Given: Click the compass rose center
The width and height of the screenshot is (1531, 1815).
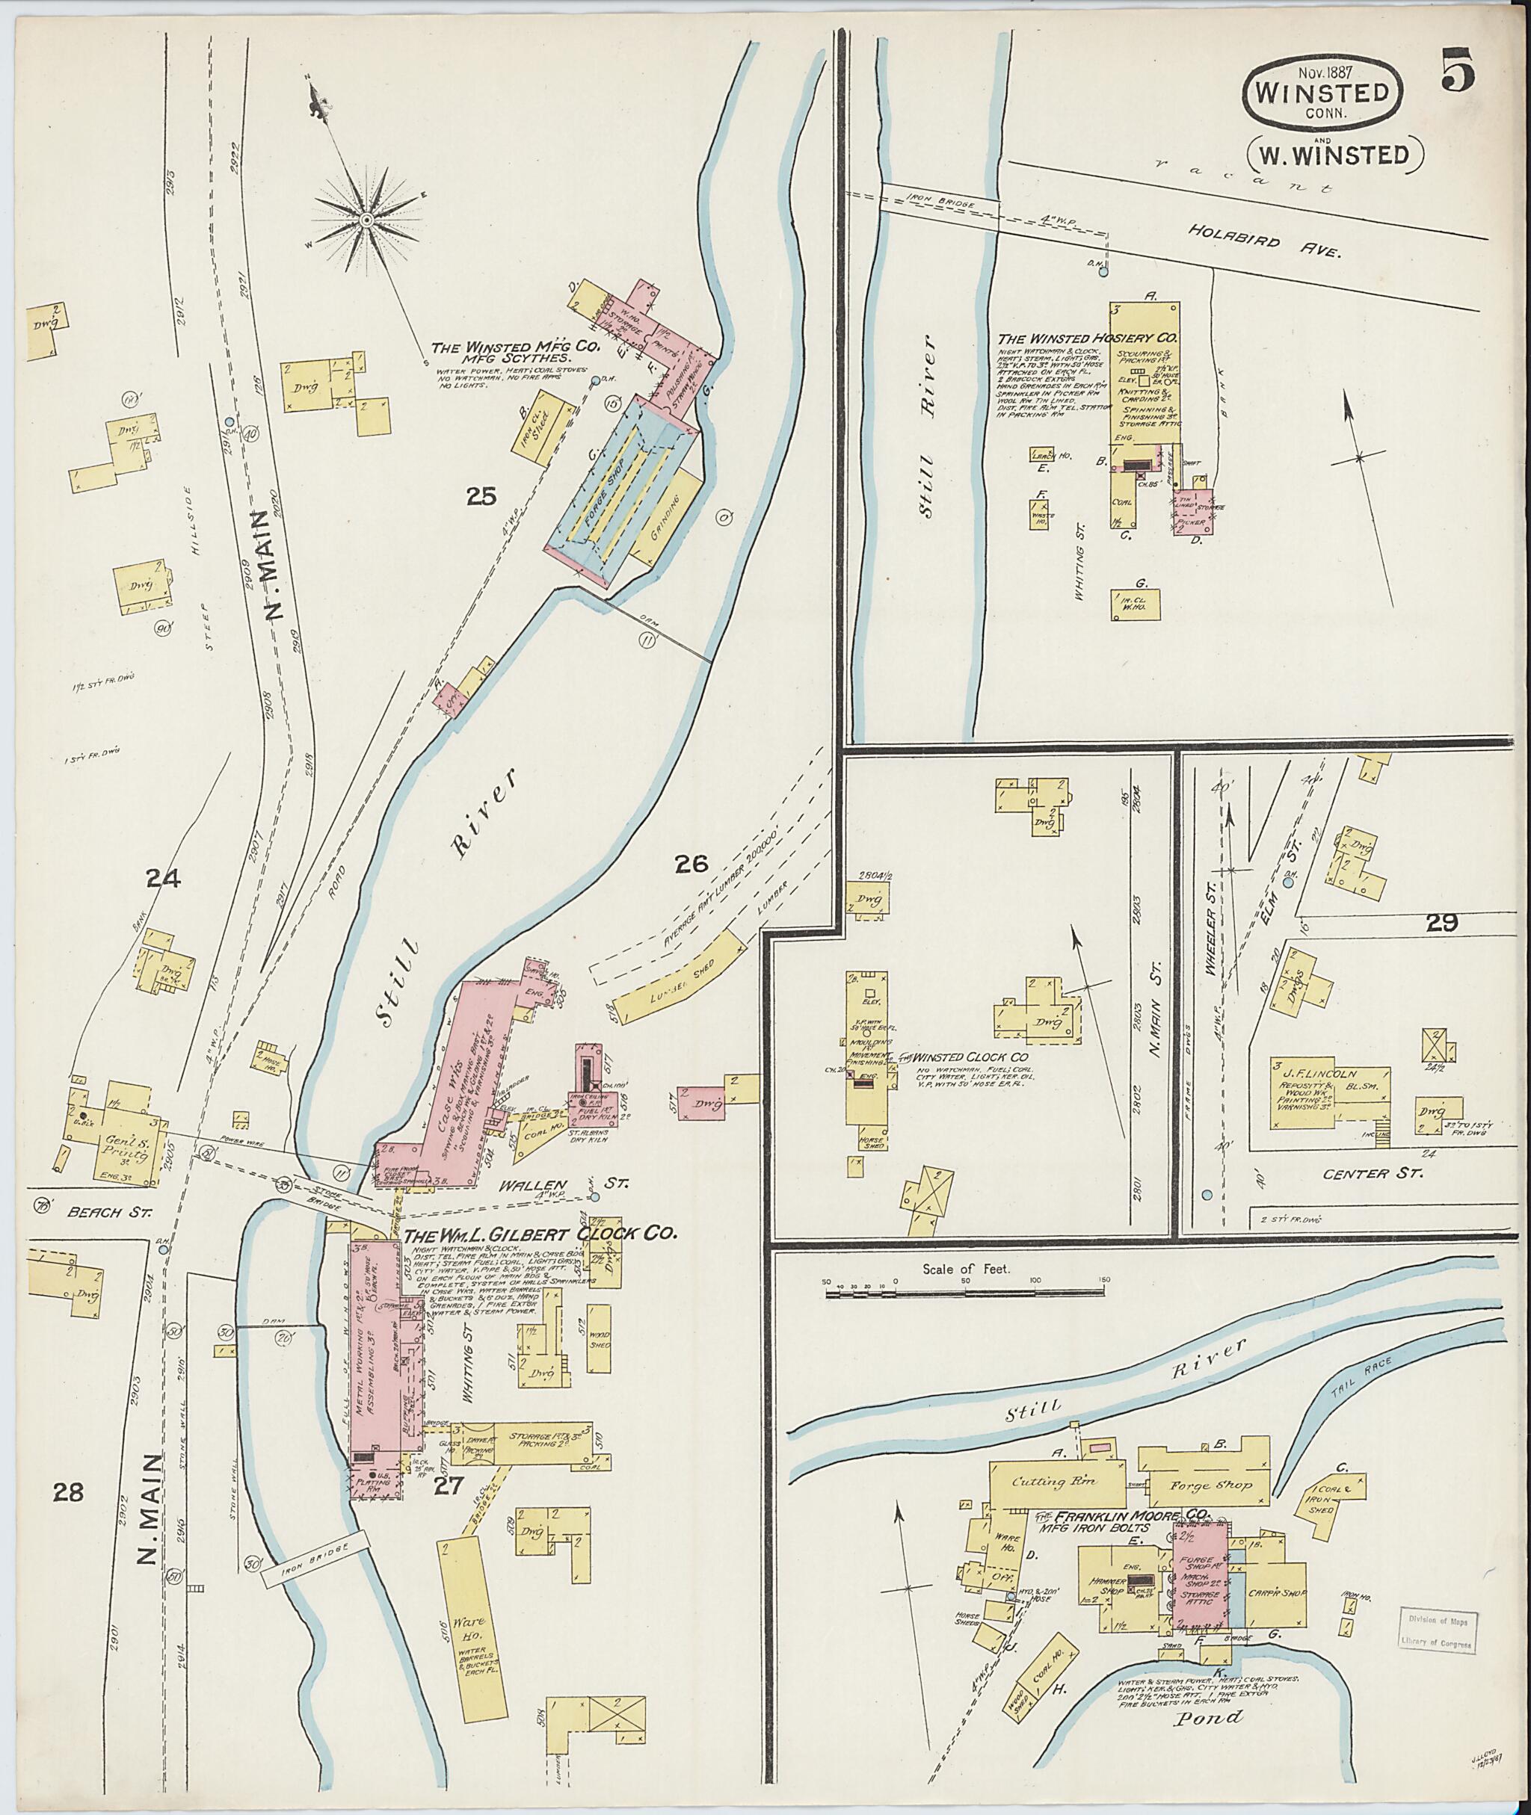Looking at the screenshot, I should click(x=367, y=220).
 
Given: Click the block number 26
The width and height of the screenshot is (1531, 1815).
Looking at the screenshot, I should click(x=691, y=863).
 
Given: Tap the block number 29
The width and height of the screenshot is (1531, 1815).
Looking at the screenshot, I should click(x=1441, y=923).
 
